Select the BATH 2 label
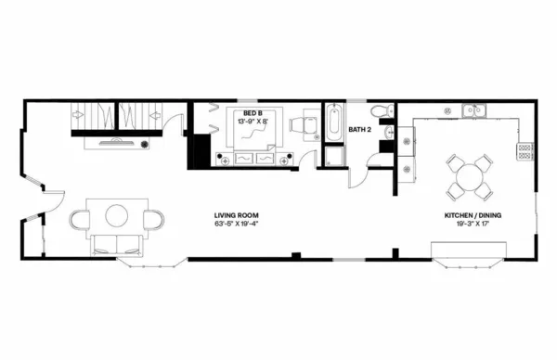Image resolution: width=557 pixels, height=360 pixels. pyautogui.click(x=360, y=130)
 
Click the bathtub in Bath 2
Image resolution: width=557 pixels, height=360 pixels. pyautogui.click(x=333, y=123)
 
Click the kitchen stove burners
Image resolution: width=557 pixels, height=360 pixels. pyautogui.click(x=525, y=147)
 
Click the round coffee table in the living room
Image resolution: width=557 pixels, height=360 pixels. pyautogui.click(x=116, y=215)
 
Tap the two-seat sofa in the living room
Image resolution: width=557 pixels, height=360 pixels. pyautogui.click(x=116, y=245)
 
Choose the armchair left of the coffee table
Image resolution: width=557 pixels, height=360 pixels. pyautogui.click(x=80, y=218)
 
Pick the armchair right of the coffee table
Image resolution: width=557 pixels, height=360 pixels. pyautogui.click(x=152, y=218)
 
